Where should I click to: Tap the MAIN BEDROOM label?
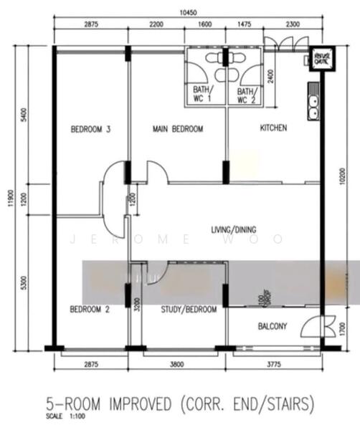coord(178,130)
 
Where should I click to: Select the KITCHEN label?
coord(273,128)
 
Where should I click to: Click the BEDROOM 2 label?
coord(90,310)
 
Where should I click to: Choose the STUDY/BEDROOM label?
coord(189,310)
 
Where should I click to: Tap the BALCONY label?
coord(273,327)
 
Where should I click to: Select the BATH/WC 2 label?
coord(247,95)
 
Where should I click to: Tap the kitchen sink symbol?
coord(313,107)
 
